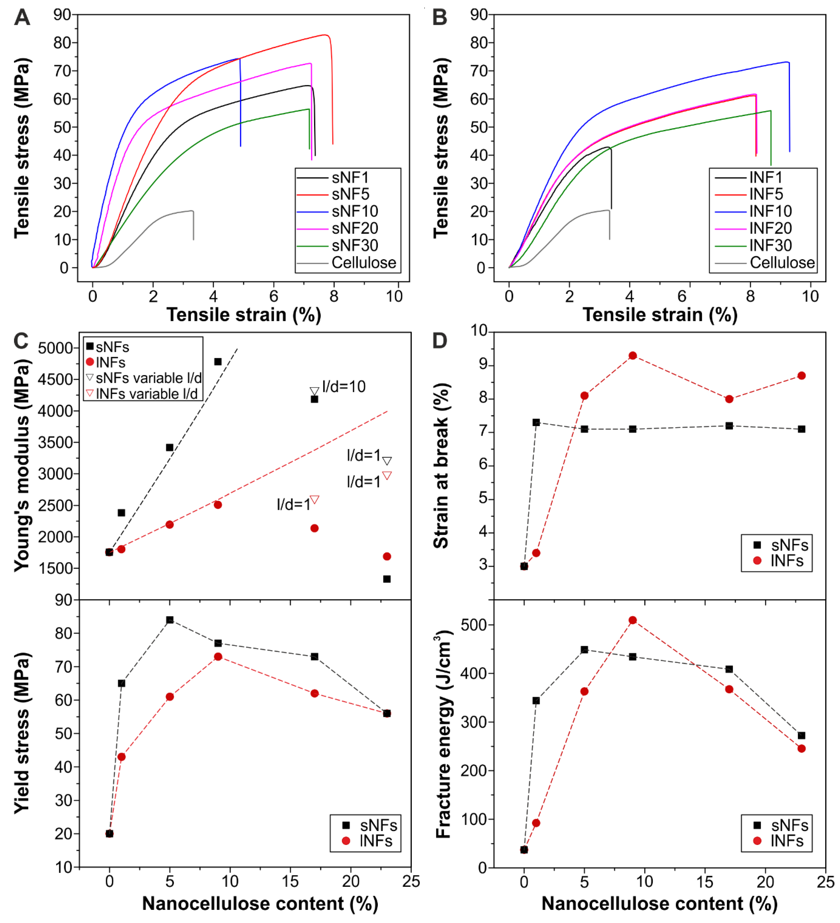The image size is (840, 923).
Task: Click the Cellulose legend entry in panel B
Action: click(782, 263)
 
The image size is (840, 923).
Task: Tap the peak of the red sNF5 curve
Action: click(325, 35)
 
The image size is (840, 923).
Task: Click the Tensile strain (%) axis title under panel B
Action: click(660, 315)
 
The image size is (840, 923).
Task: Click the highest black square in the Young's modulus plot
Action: click(218, 362)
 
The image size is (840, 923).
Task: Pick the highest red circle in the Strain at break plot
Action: click(633, 356)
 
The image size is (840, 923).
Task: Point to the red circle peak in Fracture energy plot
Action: click(633, 620)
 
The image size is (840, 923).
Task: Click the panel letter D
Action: click(439, 341)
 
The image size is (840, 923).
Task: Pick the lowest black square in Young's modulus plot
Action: click(387, 579)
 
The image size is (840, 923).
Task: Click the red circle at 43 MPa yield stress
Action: click(121, 757)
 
